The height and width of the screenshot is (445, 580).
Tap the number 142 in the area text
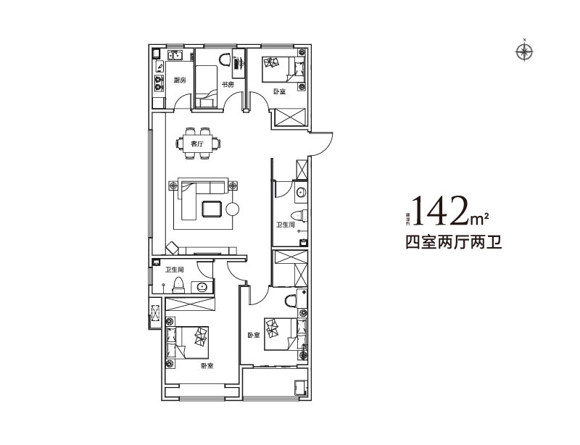click(x=439, y=210)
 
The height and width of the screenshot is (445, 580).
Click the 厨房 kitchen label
click(x=180, y=80)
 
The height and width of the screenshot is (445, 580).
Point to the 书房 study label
click(x=227, y=85)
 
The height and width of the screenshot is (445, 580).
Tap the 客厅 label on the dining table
click(x=196, y=144)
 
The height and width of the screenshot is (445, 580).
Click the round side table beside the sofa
click(x=232, y=209)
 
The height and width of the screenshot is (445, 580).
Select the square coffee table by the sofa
click(x=212, y=208)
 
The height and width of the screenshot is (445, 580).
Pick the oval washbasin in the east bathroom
click(x=301, y=191)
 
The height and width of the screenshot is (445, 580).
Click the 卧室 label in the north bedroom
click(x=279, y=91)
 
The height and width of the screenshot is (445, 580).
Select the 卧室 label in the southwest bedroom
click(x=207, y=365)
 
